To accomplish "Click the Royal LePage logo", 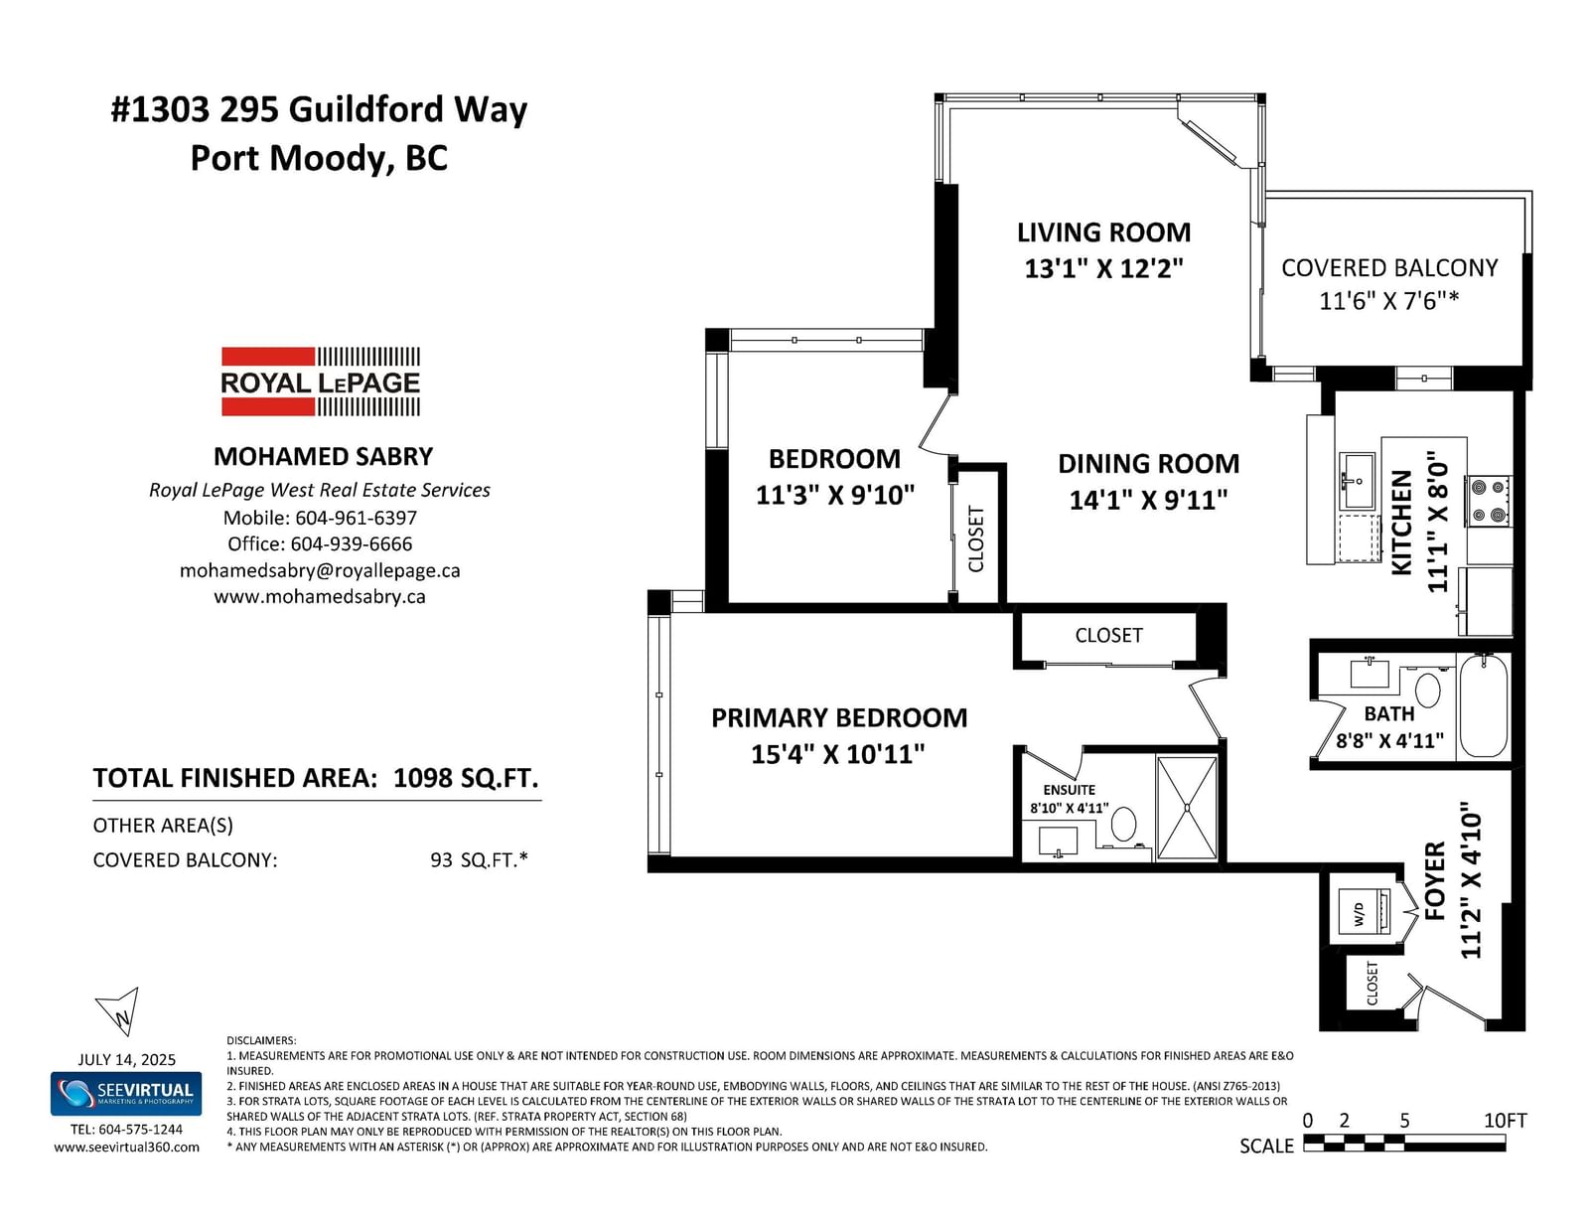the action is click(321, 382).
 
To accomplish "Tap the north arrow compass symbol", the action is click(118, 1011).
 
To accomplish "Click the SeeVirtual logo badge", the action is click(126, 1094).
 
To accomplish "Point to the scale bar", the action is click(1404, 1143).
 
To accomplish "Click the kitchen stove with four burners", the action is click(1489, 501).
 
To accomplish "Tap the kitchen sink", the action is click(1358, 481).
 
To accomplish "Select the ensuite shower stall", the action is click(1187, 809).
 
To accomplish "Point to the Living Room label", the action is click(1103, 232).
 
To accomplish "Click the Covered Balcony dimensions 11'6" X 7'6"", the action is click(1388, 301).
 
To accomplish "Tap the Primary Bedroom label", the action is click(839, 717).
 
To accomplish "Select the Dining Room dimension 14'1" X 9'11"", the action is click(1148, 501).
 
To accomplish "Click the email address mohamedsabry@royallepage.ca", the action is click(320, 570).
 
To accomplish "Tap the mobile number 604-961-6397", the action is click(357, 518).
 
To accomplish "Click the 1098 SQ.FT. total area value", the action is click(465, 778).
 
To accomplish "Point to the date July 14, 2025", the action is click(126, 1059).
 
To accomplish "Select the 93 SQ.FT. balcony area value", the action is click(479, 859).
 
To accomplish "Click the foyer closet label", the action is click(1372, 984).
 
